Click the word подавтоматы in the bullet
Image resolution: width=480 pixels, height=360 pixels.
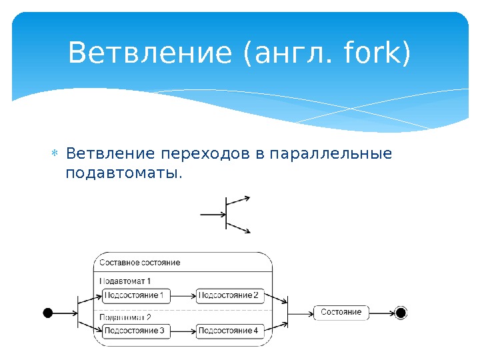point(123,173)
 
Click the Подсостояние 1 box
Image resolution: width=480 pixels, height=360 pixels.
point(136,295)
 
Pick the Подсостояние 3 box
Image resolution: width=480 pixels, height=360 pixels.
point(136,331)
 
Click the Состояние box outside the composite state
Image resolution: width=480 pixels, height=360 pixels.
point(341,312)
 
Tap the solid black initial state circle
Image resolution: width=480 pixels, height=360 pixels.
point(48,312)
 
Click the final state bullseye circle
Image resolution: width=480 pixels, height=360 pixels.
point(401,312)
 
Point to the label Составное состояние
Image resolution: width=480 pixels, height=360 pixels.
point(139,262)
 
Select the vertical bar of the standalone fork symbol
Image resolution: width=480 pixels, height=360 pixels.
point(227,215)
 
